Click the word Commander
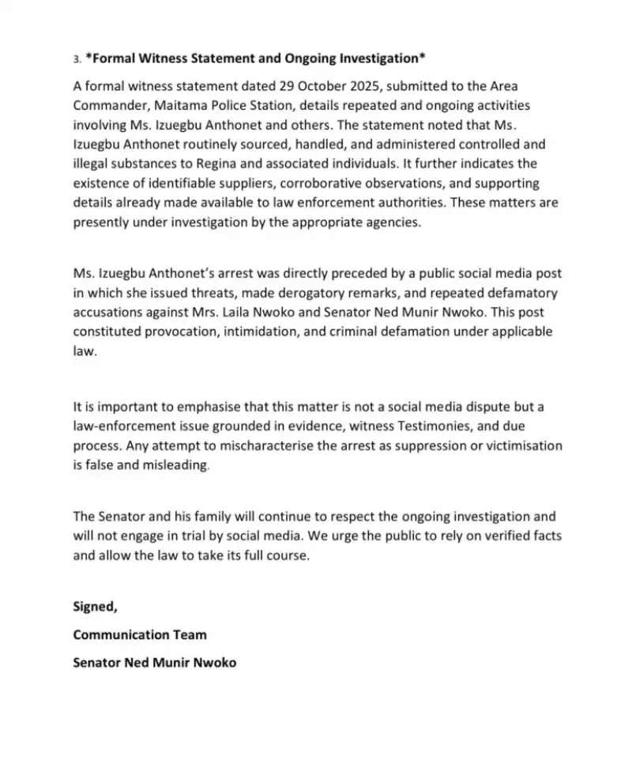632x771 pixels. [x=107, y=105]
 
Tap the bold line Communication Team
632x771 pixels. [x=140, y=634]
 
